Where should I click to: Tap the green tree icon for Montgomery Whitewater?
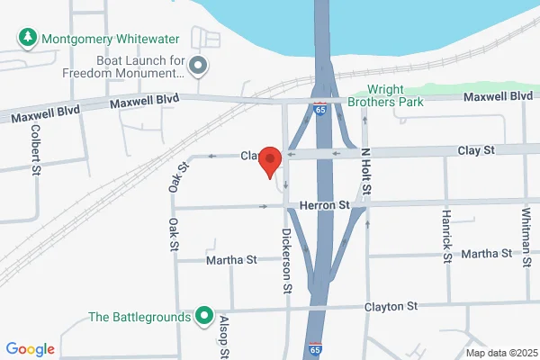27,40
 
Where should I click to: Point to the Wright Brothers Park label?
411,95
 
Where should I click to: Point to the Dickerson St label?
287,262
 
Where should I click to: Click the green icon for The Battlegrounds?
204,317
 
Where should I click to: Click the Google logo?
30,349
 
